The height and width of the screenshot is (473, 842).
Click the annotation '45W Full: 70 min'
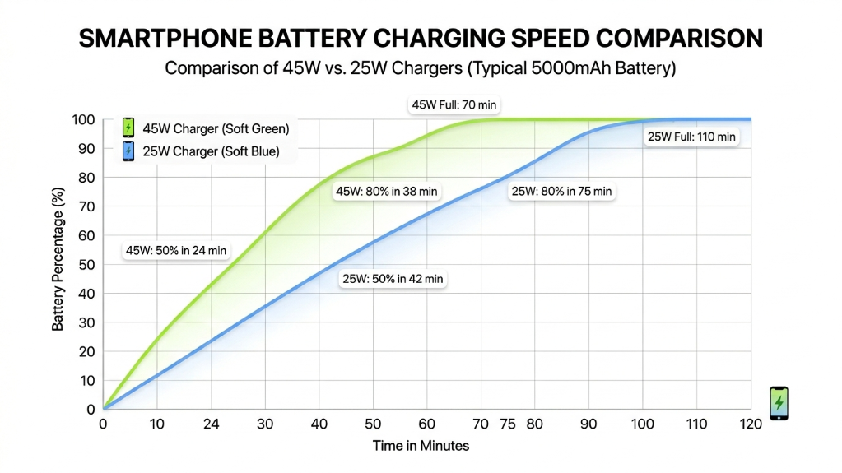455,105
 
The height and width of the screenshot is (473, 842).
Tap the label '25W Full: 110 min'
691,137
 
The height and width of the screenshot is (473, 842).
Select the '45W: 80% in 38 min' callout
387,192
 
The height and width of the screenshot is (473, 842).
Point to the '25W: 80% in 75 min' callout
561,191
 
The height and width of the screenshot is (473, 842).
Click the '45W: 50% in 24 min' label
176,250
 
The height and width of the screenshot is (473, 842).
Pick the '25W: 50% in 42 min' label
393,279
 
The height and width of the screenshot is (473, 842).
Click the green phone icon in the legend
128,128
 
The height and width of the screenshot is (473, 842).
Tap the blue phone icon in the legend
128,151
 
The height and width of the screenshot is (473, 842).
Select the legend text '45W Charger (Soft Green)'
216,128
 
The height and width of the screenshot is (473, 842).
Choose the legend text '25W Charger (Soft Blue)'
211,151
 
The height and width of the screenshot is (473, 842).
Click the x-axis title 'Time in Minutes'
421,446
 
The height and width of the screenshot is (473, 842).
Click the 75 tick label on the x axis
508,424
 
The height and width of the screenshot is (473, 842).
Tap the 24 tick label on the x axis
212,424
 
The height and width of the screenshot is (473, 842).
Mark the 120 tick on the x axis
750,424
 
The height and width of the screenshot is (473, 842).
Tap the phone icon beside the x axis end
779,403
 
